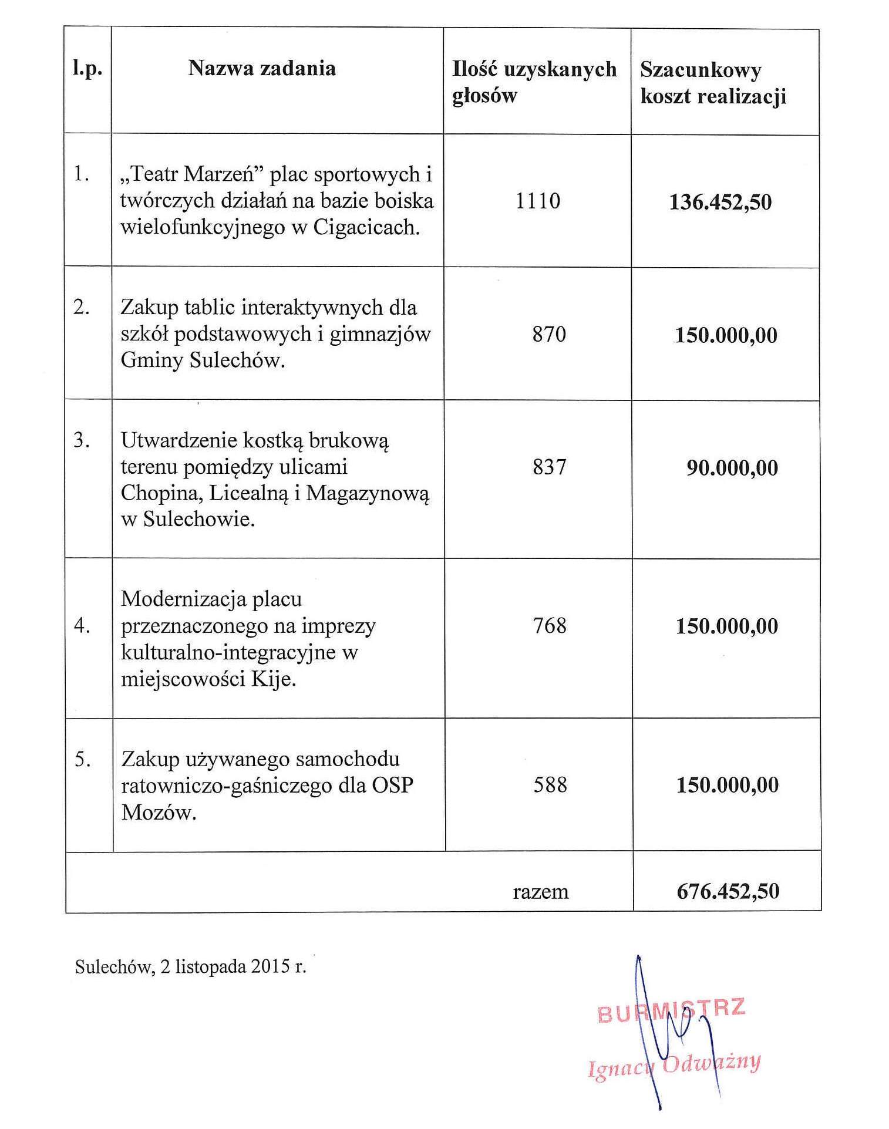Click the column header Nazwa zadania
(262, 69)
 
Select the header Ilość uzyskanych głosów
(534, 82)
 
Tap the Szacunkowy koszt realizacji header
(713, 83)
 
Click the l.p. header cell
(87, 69)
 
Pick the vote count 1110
(538, 201)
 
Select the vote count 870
(549, 334)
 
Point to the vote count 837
(549, 467)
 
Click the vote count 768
(550, 625)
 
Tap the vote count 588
(550, 784)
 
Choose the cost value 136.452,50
(720, 202)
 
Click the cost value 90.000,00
(732, 468)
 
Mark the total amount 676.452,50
(728, 891)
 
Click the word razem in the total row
(540, 892)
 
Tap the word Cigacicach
(366, 227)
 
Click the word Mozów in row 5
(158, 812)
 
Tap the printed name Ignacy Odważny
(674, 1064)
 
